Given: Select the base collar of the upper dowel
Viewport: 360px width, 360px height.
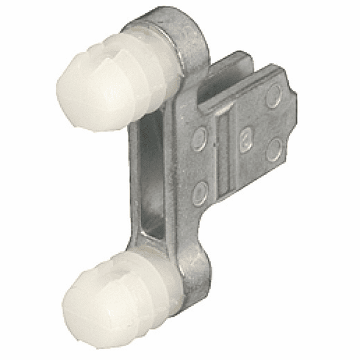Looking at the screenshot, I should [x=158, y=55].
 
